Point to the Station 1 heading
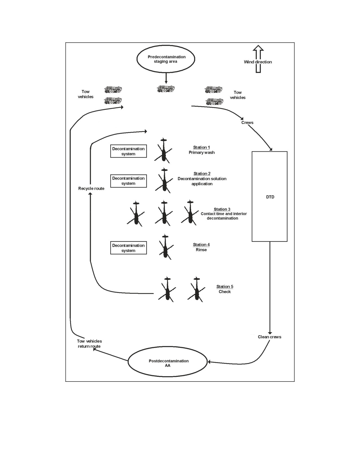click(x=202, y=147)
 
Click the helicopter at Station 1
click(x=163, y=150)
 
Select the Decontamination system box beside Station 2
click(x=128, y=181)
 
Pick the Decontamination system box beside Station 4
click(x=128, y=248)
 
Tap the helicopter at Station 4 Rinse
click(x=165, y=247)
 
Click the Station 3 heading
click(x=222, y=209)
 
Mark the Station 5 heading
click(x=225, y=286)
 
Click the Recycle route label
click(x=91, y=188)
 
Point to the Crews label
click(x=247, y=123)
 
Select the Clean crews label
click(x=270, y=337)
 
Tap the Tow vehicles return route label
click(x=90, y=344)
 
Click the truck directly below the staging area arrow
click(x=166, y=89)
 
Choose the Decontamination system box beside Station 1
click(x=128, y=151)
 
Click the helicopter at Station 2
click(x=164, y=180)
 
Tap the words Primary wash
click(x=202, y=153)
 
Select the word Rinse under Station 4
click(x=201, y=250)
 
